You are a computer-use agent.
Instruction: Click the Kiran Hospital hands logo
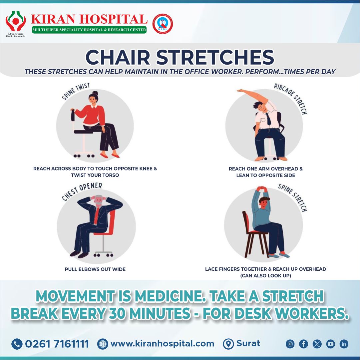(15, 21)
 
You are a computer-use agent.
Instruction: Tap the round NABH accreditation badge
(163, 23)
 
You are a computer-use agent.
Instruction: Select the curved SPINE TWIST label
(76, 91)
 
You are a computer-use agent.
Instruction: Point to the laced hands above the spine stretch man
(262, 189)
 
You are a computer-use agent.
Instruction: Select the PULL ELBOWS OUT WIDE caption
(95, 269)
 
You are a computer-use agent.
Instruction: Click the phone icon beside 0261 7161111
(17, 344)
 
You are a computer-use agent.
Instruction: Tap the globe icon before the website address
(103, 344)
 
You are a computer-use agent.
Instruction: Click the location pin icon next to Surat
(228, 344)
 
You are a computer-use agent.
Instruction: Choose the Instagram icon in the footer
(290, 344)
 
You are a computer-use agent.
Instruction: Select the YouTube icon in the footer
(330, 344)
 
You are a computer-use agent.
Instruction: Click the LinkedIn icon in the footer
(344, 344)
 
